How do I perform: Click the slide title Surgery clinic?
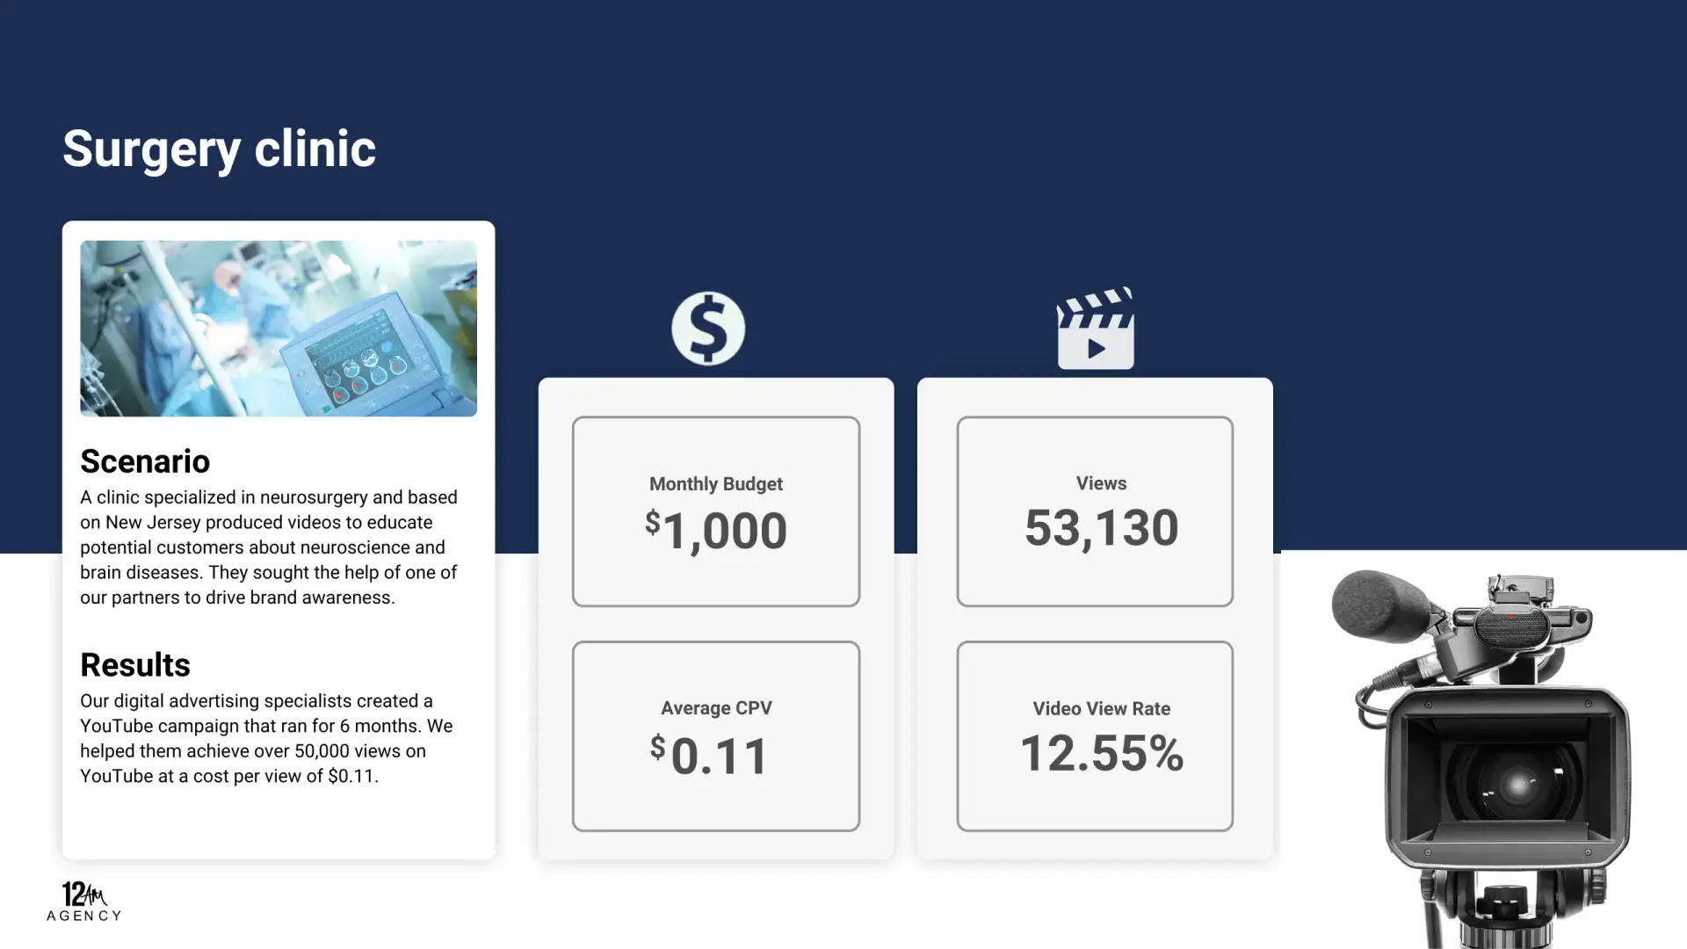tap(219, 149)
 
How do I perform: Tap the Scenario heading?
tap(145, 461)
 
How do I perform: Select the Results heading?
tap(135, 665)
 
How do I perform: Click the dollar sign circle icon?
tap(708, 329)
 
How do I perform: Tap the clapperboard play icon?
tap(1095, 329)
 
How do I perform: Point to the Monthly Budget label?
tap(716, 484)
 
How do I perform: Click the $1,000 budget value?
tap(716, 531)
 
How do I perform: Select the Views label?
tap(1101, 483)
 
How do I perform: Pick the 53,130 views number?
tap(1101, 528)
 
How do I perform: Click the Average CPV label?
tap(716, 708)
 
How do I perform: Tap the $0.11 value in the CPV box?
tap(710, 756)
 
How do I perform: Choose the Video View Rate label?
tap(1101, 708)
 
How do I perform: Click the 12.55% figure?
tap(1102, 754)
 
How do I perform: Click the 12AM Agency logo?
tap(84, 901)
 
